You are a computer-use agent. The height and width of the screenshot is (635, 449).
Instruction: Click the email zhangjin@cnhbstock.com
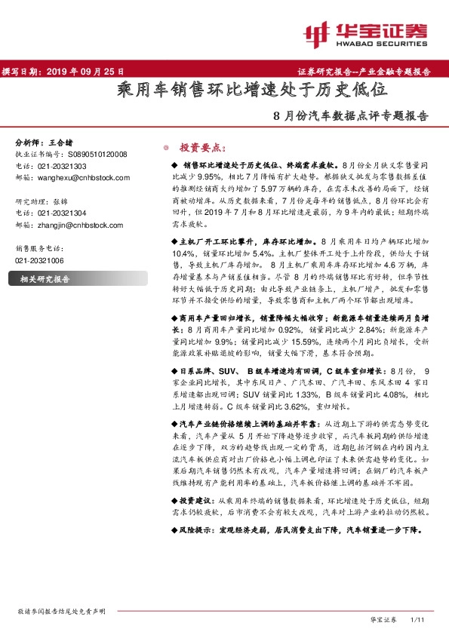coord(79,225)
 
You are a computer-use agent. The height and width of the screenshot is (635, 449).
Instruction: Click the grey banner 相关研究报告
coord(45,280)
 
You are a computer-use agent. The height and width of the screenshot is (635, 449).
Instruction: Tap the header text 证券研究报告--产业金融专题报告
coord(370,72)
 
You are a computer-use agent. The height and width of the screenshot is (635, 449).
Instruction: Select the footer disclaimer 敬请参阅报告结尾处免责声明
coord(61,611)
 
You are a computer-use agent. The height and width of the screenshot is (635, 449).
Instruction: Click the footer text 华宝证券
coord(383,619)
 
